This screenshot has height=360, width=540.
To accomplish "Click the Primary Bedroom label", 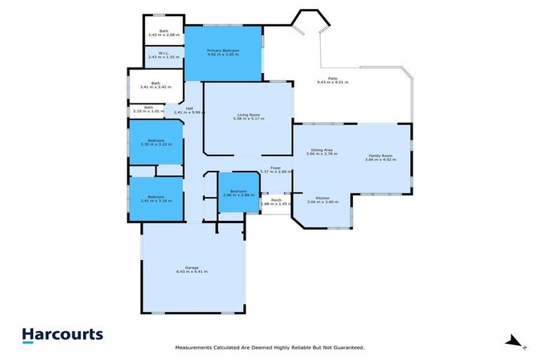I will tap(222, 50).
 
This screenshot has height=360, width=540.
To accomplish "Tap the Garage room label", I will tap(191, 268).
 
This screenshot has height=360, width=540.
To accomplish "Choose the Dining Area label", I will tap(323, 150).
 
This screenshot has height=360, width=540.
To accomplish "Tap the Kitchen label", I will tap(323, 198).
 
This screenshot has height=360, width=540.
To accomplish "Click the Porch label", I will tap(276, 200).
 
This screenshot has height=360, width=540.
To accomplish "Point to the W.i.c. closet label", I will tap(164, 53).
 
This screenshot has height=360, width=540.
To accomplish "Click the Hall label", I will tap(189, 108).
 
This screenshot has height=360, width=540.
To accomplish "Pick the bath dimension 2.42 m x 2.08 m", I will tap(164, 34).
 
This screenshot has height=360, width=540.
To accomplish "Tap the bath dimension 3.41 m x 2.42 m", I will tap(155, 87).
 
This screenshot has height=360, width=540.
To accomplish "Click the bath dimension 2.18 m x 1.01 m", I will tap(148, 111).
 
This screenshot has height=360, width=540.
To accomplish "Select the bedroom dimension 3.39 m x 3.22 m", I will tap(155, 145).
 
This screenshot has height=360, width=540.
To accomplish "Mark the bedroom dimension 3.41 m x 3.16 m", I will tap(155, 200).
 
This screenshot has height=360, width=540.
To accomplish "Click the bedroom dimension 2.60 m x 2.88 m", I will tap(238, 195).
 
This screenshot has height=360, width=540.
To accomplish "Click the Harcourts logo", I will tap(62, 335).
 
